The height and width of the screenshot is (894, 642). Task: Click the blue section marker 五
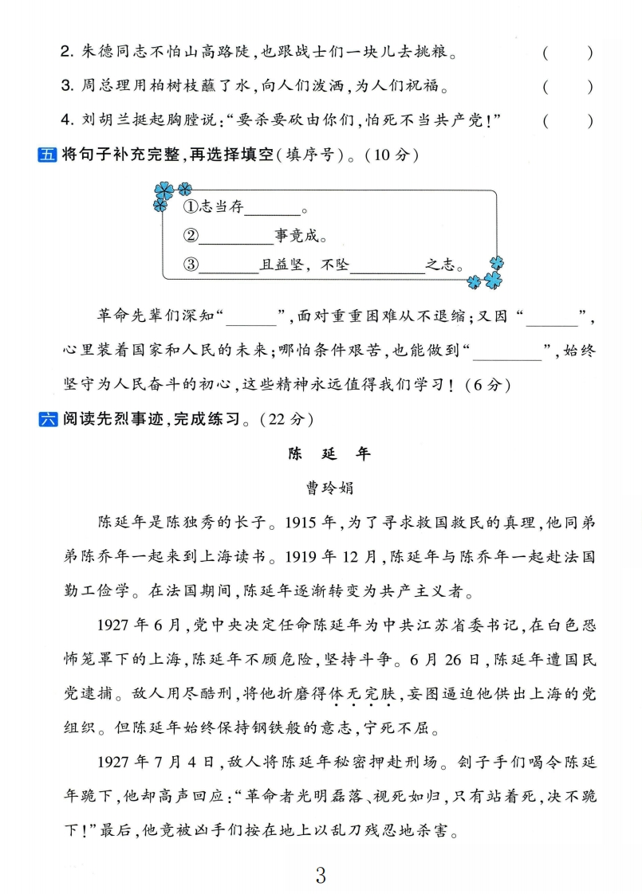click(x=48, y=155)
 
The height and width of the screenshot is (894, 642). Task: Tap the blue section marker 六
click(x=48, y=418)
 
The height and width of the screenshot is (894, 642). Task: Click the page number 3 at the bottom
click(x=321, y=876)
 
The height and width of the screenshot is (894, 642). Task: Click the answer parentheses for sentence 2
click(x=567, y=53)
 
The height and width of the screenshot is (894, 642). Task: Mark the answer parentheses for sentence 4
click(x=567, y=120)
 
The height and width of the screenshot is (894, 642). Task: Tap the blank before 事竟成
click(x=236, y=236)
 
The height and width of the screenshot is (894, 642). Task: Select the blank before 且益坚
click(x=229, y=265)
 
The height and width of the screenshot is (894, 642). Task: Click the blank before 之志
click(x=388, y=265)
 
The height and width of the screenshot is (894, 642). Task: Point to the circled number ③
click(x=190, y=265)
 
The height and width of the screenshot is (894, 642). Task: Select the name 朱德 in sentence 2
click(x=95, y=53)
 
